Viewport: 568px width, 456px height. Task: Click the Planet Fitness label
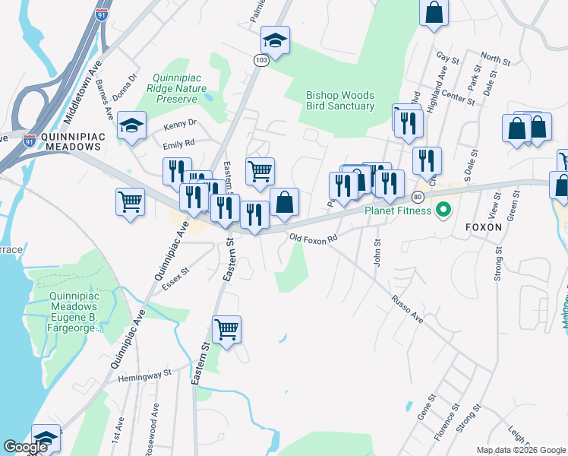click(397, 211)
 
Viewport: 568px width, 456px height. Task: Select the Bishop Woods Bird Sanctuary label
click(339, 100)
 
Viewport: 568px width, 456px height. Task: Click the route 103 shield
click(260, 60)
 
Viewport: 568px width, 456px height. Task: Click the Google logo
click(25, 447)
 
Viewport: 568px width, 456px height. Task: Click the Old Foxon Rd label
click(312, 238)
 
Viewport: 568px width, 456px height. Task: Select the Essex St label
click(174, 279)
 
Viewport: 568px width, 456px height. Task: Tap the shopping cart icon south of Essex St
click(226, 330)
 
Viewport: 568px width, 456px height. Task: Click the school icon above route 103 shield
click(275, 40)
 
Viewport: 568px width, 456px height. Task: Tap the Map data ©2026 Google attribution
click(521, 450)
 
